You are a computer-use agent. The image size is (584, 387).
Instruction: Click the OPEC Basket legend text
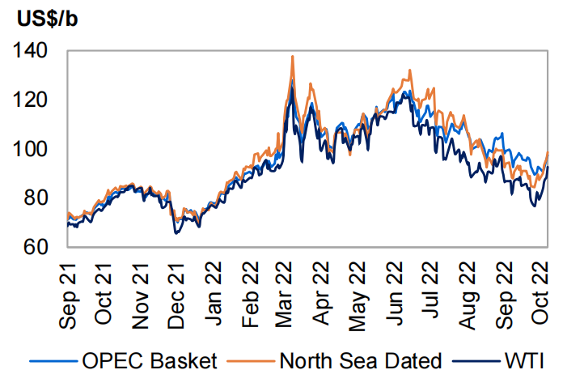click(149, 361)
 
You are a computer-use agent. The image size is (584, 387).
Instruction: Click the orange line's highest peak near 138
click(292, 56)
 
